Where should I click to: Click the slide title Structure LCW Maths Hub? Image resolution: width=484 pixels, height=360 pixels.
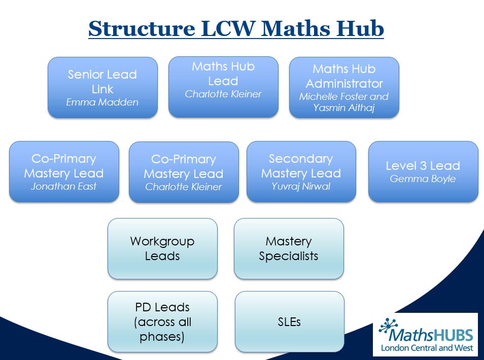point(236,29)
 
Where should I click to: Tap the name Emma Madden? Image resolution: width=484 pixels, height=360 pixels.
point(102,102)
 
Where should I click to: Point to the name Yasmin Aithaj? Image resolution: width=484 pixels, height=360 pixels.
point(344,107)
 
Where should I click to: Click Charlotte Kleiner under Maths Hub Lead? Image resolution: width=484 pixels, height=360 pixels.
point(223,94)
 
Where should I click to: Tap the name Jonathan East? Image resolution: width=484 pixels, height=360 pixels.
point(64,186)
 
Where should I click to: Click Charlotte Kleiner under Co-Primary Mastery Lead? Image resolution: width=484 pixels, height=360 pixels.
point(184,187)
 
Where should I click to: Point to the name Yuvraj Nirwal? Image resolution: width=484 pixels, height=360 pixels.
point(301,186)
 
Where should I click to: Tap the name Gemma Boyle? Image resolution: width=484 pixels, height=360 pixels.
point(423,178)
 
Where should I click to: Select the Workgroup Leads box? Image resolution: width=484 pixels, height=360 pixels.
point(162,248)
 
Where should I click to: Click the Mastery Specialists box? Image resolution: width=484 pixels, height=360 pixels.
point(289,248)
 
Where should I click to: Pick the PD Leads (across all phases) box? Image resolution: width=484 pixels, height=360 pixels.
point(162,321)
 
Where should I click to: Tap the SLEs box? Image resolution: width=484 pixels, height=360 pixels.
point(289,321)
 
